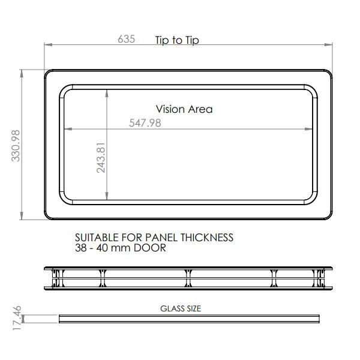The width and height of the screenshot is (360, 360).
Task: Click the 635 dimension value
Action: tap(126, 39)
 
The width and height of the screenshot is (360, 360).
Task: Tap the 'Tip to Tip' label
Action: tap(177, 40)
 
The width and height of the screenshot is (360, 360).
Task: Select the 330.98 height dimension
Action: tap(16, 146)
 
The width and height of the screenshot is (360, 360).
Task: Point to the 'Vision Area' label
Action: tap(184, 109)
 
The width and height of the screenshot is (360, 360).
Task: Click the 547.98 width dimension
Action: tap(145, 123)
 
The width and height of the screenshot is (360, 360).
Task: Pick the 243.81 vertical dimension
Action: tap(101, 157)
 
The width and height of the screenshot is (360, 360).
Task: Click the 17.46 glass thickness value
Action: tap(17, 318)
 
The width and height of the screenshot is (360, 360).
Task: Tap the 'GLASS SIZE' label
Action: tap(181, 308)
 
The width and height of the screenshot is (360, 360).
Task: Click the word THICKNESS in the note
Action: tap(207, 238)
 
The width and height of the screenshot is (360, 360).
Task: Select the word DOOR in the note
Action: tap(149, 248)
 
